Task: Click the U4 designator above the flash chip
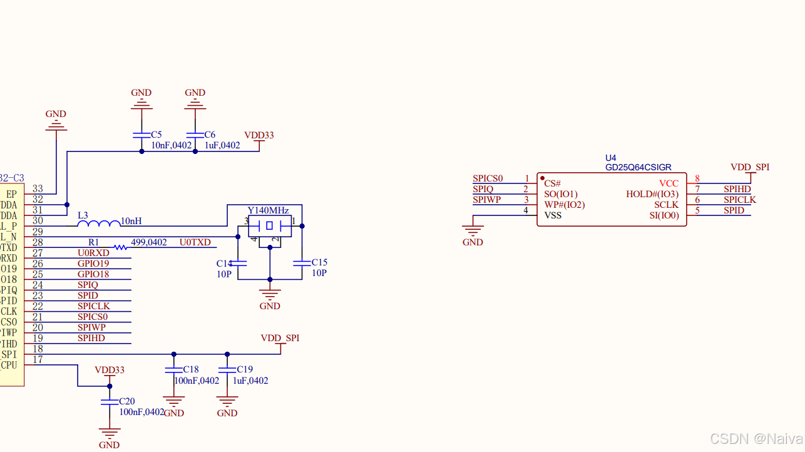(610, 158)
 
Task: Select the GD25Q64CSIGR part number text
(638, 167)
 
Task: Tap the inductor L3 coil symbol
(98, 223)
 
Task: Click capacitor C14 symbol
(238, 264)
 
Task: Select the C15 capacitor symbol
(302, 264)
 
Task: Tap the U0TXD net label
(195, 242)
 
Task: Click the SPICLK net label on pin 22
(93, 306)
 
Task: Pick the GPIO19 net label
(93, 264)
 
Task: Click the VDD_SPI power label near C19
(280, 338)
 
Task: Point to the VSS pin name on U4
(553, 215)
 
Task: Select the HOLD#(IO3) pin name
(652, 194)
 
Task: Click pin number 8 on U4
(697, 178)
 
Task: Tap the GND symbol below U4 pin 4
(473, 233)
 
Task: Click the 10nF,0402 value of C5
(171, 145)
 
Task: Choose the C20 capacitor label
(126, 401)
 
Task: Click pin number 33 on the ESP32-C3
(38, 188)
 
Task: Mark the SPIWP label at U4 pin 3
(486, 200)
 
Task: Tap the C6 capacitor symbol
(195, 135)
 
